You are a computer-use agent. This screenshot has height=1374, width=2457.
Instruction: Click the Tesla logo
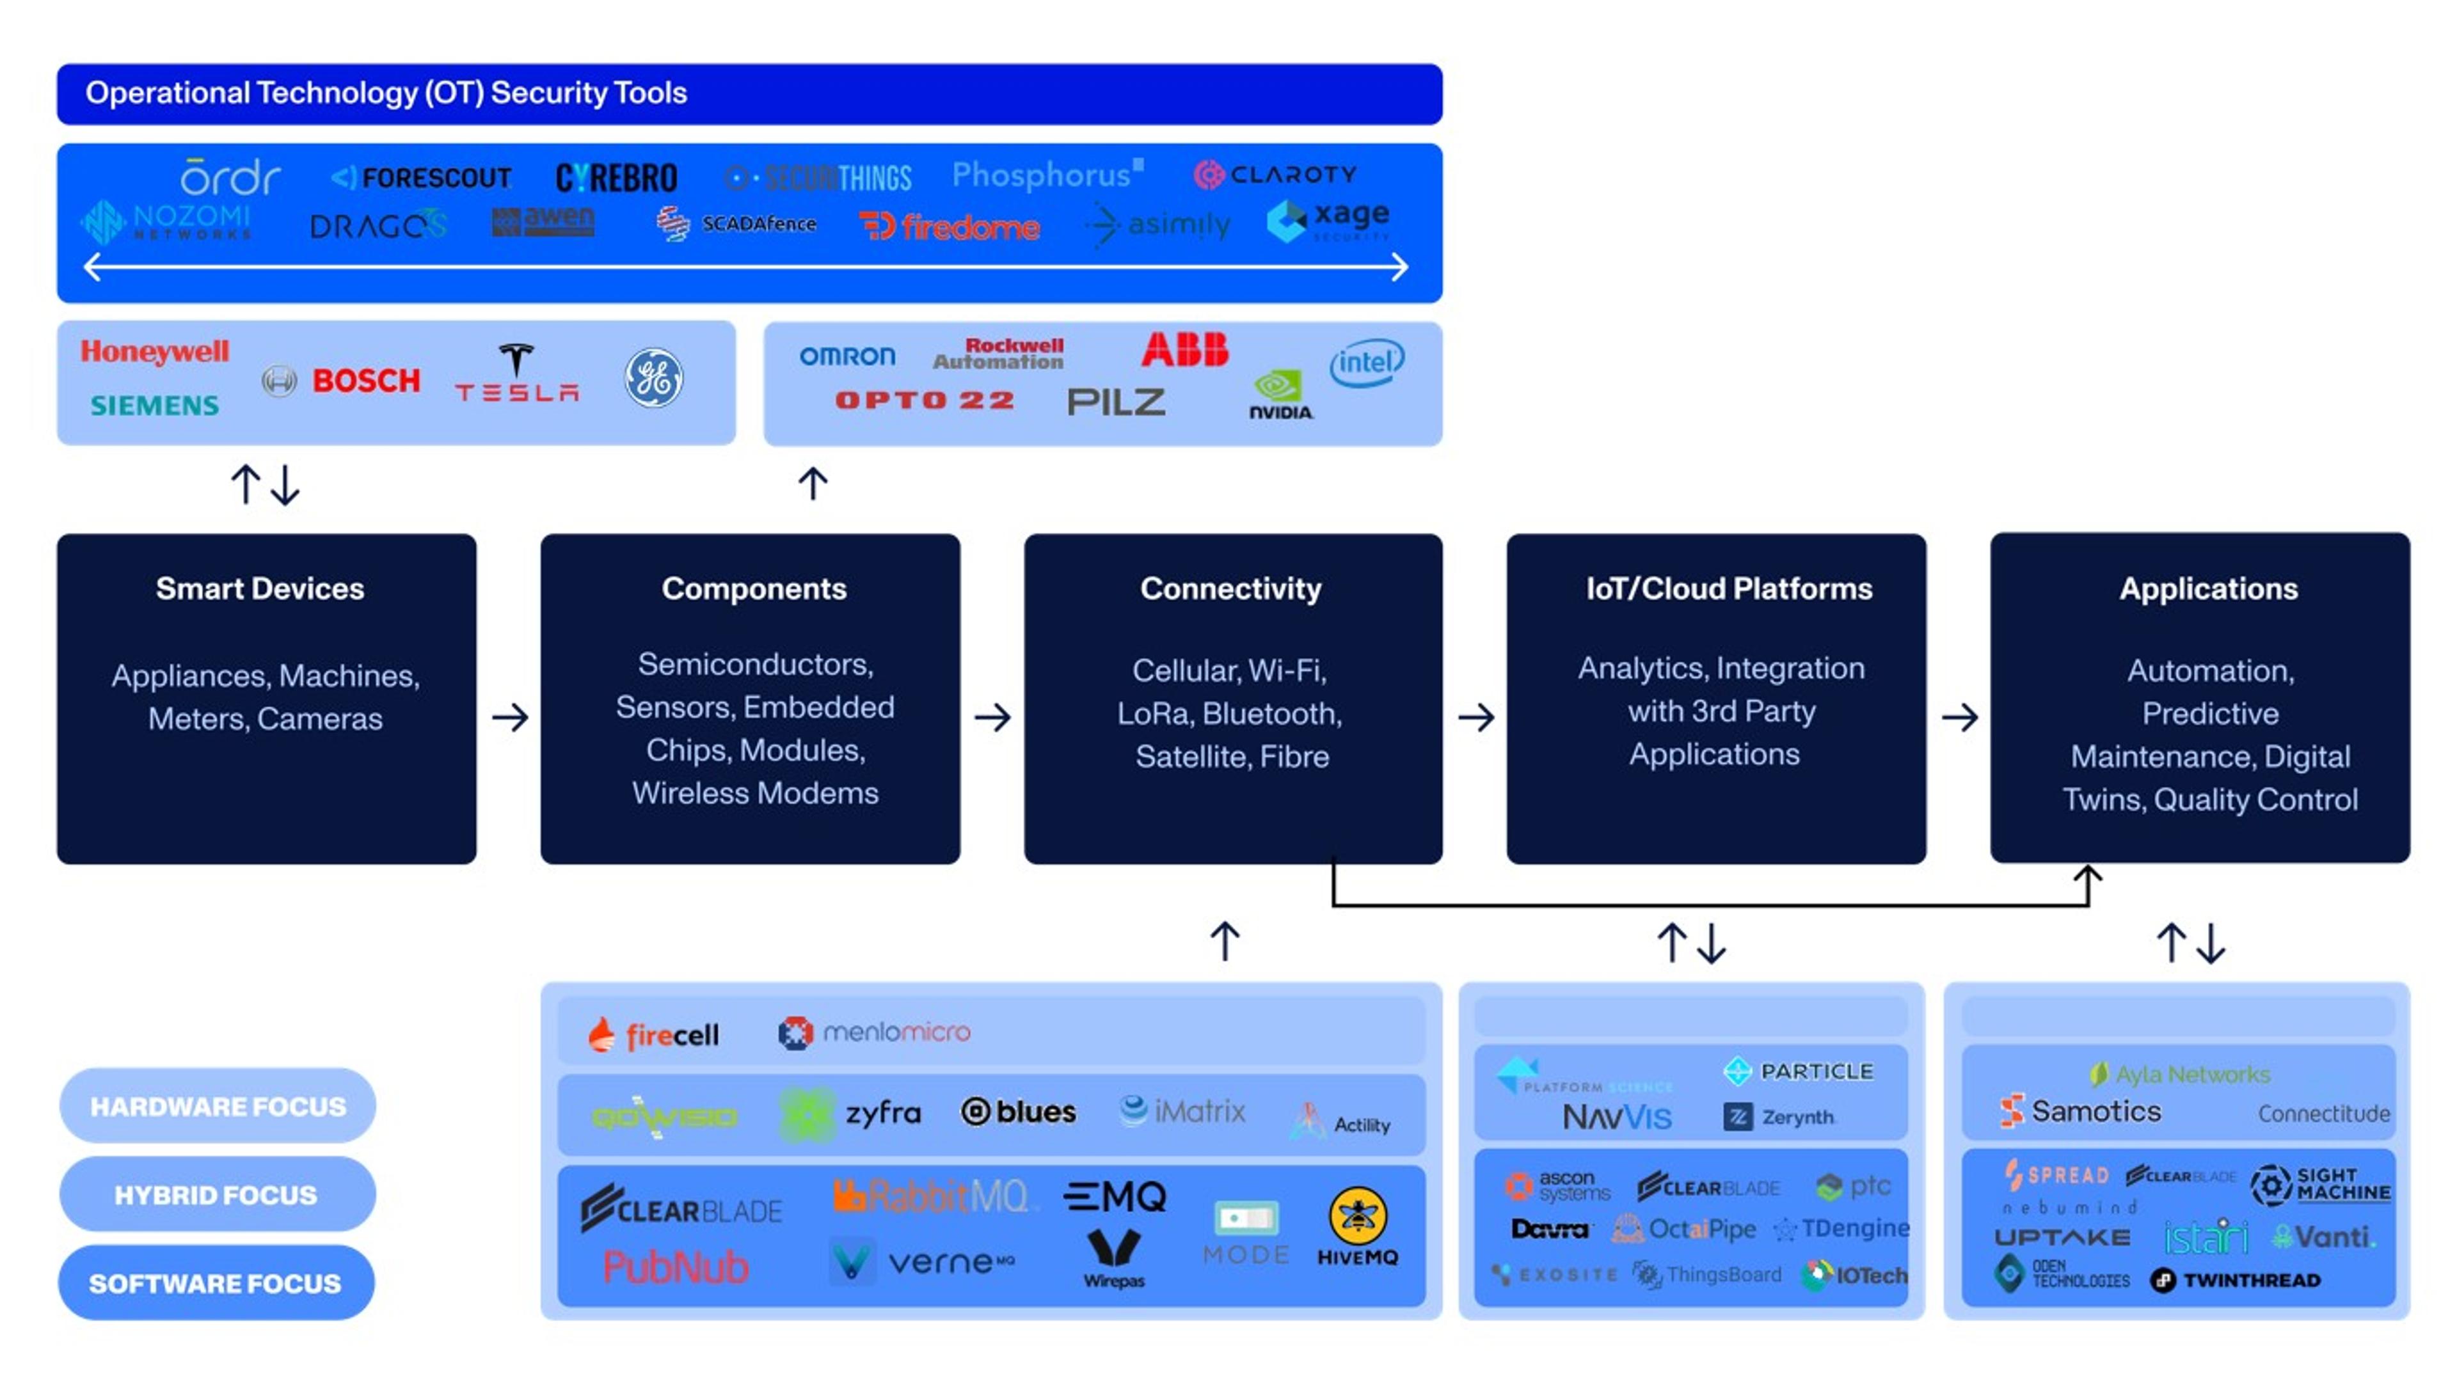pos(516,374)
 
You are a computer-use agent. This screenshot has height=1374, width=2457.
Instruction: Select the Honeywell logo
pos(154,352)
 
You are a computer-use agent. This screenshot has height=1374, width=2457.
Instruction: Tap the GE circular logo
pos(653,377)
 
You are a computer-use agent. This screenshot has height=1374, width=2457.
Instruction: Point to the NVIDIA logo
pos(1280,395)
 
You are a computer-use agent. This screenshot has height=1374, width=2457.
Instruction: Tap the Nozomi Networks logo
pos(168,222)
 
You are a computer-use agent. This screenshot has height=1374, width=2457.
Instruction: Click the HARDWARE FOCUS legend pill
pos(218,1106)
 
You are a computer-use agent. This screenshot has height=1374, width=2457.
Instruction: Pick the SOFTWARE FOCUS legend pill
pos(216,1283)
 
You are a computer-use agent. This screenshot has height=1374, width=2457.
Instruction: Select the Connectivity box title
pos(1230,589)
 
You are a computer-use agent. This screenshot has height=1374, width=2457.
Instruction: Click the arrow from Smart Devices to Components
pos(511,717)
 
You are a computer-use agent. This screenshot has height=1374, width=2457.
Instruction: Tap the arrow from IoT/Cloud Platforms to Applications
pos(1959,717)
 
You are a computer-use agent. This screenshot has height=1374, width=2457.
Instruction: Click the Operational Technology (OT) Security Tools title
pos(386,93)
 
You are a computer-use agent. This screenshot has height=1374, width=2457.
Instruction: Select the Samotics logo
pos(2080,1112)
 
